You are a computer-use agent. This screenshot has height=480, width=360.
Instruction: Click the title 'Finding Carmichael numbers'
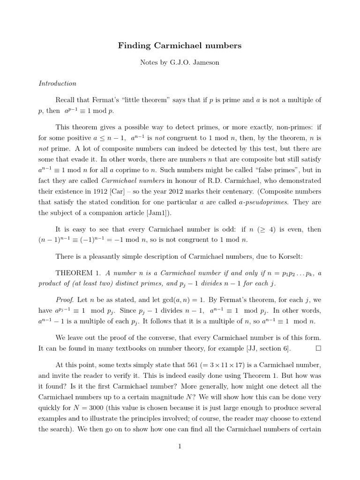click(180, 45)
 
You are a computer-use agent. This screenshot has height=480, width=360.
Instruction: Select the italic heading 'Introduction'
click(57, 83)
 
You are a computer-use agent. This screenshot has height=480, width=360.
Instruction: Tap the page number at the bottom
click(180, 446)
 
